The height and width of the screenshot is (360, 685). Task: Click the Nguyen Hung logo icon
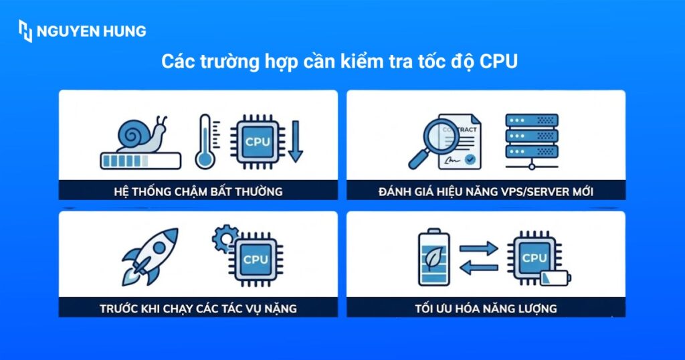pos(25,31)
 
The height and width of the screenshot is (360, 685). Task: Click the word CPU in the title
pos(500,62)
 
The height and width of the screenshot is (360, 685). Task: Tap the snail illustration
pos(141,132)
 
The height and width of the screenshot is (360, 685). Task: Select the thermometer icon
pos(205,141)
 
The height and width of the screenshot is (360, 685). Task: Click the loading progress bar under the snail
pos(140,161)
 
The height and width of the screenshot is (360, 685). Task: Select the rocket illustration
pos(151,256)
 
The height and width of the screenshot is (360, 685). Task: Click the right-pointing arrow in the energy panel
pos(479,248)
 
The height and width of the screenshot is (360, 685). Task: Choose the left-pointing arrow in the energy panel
pos(479,268)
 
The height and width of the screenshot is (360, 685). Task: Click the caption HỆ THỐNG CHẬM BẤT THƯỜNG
pos(198,191)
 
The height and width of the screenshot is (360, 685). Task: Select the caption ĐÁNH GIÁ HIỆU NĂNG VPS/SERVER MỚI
pos(486,191)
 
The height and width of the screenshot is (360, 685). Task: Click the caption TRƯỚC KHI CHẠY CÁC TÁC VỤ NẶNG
pos(198,308)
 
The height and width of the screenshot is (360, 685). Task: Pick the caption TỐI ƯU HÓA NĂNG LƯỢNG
pos(486,308)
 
